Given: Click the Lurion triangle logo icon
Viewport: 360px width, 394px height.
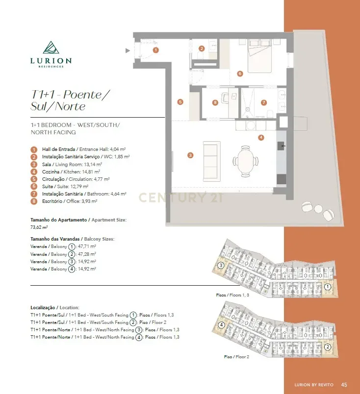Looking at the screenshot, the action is [51, 48].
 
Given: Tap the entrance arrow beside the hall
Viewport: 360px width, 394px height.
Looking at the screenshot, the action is [128, 50].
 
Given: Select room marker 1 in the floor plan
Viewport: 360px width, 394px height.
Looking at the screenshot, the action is [156, 50].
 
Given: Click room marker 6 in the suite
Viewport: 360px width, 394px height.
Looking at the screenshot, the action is [240, 74].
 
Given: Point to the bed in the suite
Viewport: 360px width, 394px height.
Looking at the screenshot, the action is [260, 56].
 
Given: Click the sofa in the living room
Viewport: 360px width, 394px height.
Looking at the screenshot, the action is [212, 161].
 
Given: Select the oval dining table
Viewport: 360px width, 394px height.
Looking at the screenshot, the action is [246, 161].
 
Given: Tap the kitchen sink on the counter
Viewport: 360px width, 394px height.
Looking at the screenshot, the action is [281, 146].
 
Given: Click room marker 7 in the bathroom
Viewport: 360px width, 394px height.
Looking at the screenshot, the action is [264, 102].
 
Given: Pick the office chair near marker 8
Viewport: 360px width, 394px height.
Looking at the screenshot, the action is [225, 98].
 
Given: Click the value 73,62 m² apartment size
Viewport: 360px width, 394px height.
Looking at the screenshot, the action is [39, 227].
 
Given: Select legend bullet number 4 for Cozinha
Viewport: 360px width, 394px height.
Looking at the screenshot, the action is [34, 172].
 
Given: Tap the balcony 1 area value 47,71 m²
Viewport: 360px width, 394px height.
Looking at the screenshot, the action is [87, 246].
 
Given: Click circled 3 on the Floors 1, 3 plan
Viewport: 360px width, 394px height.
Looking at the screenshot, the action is [221, 265].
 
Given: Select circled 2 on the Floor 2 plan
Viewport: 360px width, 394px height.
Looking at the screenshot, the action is [327, 347].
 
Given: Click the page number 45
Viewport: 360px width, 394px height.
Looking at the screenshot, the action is [344, 385].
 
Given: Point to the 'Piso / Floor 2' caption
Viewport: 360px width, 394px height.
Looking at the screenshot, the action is [236, 357].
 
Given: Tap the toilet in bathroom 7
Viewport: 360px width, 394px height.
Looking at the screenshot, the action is [270, 114].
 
